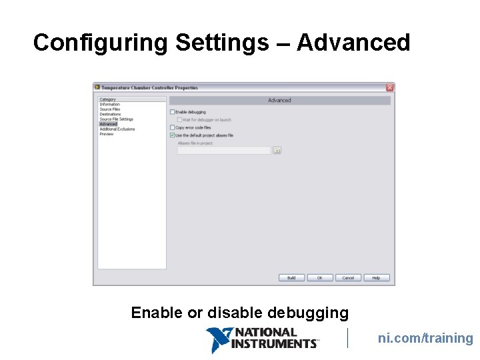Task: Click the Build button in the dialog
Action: tap(291, 278)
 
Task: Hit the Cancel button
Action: tap(349, 278)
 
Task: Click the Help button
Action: tap(377, 278)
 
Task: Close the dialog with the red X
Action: tap(390, 87)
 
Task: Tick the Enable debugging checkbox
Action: tap(172, 112)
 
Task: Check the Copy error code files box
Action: tap(172, 127)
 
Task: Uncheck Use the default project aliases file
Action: tap(172, 135)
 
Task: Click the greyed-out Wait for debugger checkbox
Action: tap(179, 120)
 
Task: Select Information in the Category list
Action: tap(110, 105)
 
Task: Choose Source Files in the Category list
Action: tap(110, 109)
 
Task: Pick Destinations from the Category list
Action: tap(111, 114)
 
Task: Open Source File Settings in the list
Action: tap(117, 119)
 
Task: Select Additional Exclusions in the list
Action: tap(117, 129)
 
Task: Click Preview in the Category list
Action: tap(107, 134)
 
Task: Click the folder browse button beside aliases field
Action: tap(277, 151)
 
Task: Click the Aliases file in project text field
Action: tap(223, 151)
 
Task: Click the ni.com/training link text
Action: tap(425, 339)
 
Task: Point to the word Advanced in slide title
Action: tap(353, 43)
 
